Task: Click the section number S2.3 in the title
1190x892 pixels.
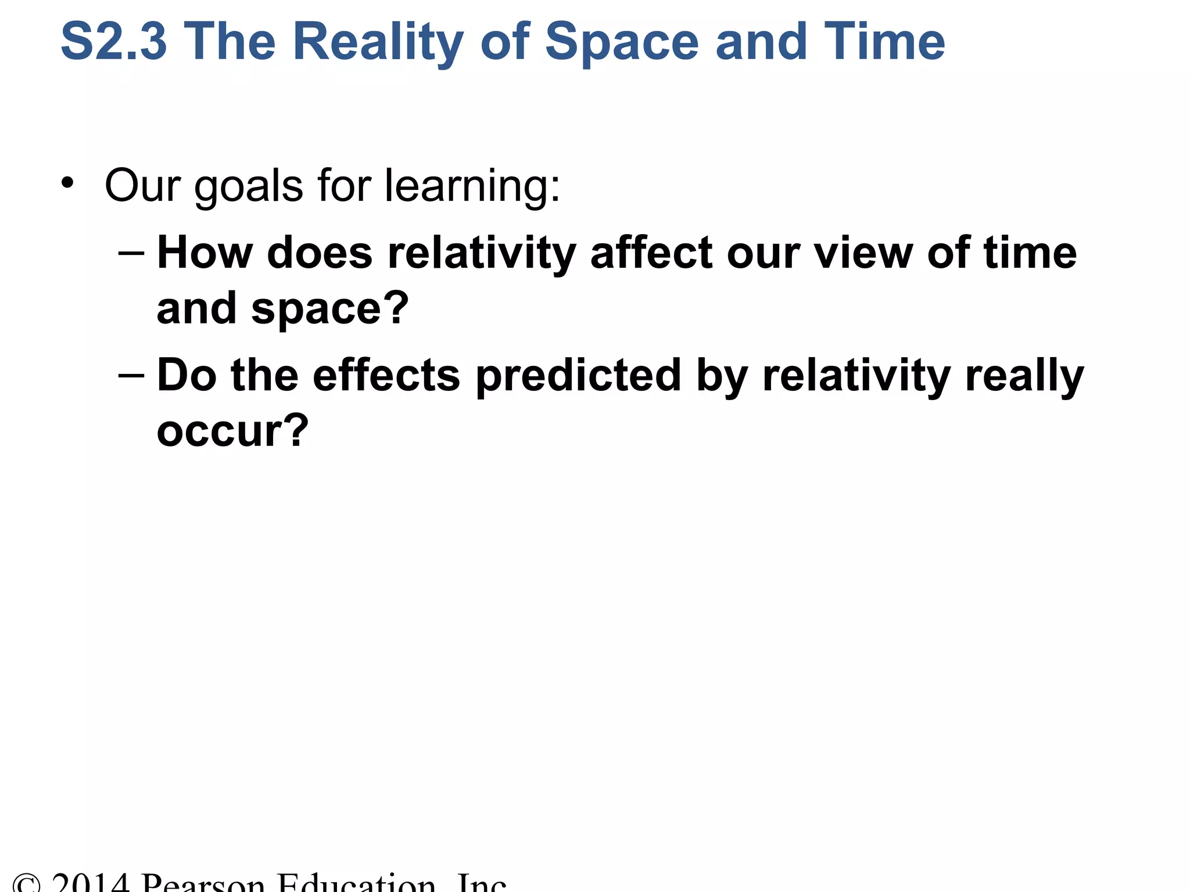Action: click(114, 42)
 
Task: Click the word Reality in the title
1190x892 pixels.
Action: click(378, 42)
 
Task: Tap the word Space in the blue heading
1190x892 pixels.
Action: click(622, 42)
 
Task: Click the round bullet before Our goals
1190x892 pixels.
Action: click(68, 183)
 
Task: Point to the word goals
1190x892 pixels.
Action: click(249, 186)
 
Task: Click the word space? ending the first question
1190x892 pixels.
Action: click(330, 309)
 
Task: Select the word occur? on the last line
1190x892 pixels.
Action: click(232, 431)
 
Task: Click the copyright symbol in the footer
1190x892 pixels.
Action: click(26, 884)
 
